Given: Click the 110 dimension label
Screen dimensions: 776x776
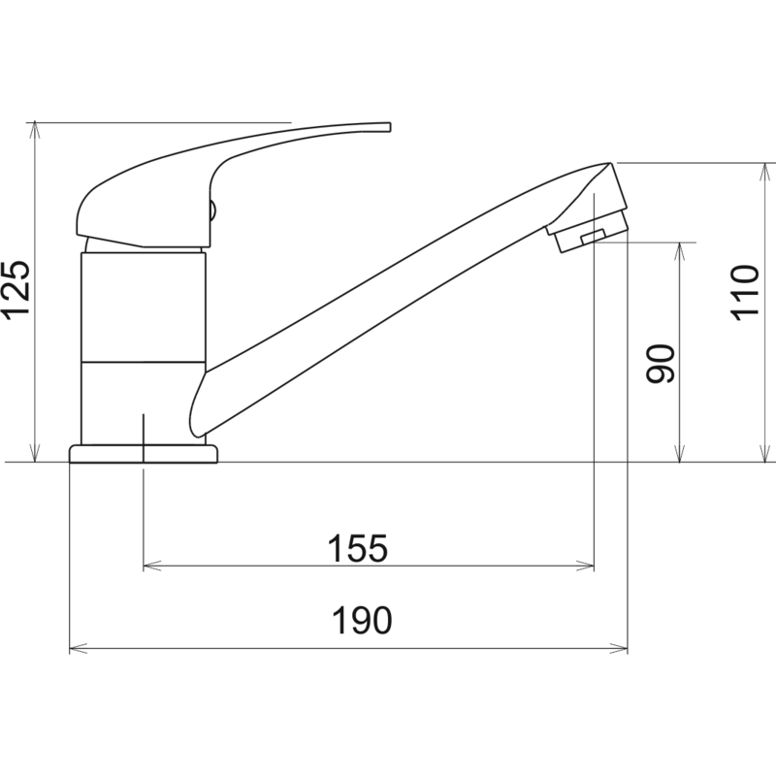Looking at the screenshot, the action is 744,293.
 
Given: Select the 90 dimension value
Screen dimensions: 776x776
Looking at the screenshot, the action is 661,363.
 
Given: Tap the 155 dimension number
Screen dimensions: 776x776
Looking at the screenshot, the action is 358,548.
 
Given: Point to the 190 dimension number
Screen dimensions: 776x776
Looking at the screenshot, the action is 362,621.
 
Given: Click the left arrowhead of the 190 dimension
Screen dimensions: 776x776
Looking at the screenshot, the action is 79,648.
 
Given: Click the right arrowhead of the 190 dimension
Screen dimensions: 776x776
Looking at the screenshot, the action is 619,648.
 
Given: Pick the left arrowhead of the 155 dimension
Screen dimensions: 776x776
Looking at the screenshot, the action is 152,566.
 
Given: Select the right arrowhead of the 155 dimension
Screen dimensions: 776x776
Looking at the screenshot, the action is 585,566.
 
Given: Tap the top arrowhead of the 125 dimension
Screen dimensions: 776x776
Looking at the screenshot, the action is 35,130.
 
